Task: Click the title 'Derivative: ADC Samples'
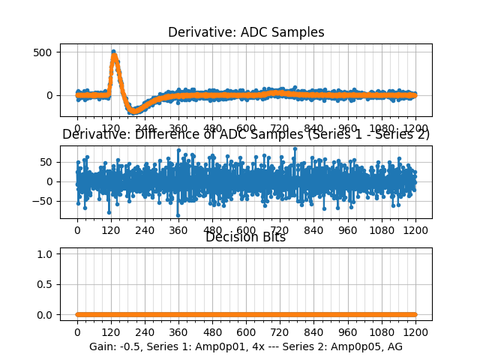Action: [246, 32]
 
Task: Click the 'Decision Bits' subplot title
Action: [245, 238]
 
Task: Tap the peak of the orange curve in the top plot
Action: [113, 54]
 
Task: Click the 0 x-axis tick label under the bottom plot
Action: [76, 331]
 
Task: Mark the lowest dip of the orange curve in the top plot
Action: [135, 111]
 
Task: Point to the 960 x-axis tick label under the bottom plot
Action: [348, 331]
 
